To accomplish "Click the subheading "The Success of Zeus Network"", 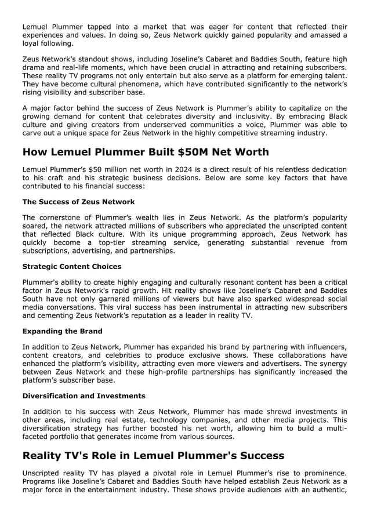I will (x=78, y=202).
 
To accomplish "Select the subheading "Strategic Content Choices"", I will (x=72, y=266).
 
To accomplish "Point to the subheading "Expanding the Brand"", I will (x=62, y=331).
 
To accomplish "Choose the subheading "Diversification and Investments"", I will (x=84, y=396).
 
